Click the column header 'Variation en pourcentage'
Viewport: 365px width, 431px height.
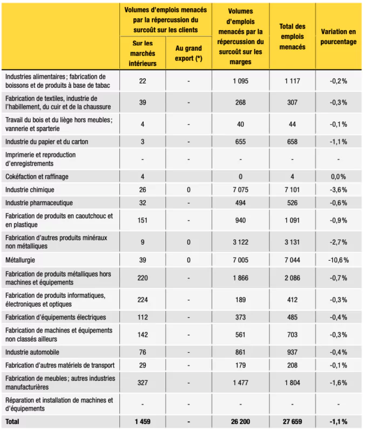pyautogui.click(x=338, y=37)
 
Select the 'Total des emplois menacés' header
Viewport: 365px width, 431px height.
pyautogui.click(x=292, y=37)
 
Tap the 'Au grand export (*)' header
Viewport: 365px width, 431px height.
pyautogui.click(x=188, y=53)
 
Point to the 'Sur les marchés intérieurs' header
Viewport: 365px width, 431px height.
pyautogui.click(x=143, y=53)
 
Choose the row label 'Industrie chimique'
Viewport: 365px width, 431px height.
pyautogui.click(x=30, y=190)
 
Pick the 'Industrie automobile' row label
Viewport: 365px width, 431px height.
pyautogui.click(x=32, y=352)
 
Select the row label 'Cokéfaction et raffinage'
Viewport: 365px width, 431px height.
pyautogui.click(x=37, y=176)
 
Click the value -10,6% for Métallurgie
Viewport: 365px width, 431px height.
pyautogui.click(x=338, y=260)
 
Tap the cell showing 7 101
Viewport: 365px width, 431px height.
pyautogui.click(x=292, y=190)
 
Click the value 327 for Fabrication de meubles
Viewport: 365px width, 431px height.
pyautogui.click(x=143, y=383)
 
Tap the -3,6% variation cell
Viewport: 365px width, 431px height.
pyautogui.click(x=338, y=190)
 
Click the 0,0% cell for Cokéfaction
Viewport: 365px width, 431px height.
pyautogui.click(x=338, y=176)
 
